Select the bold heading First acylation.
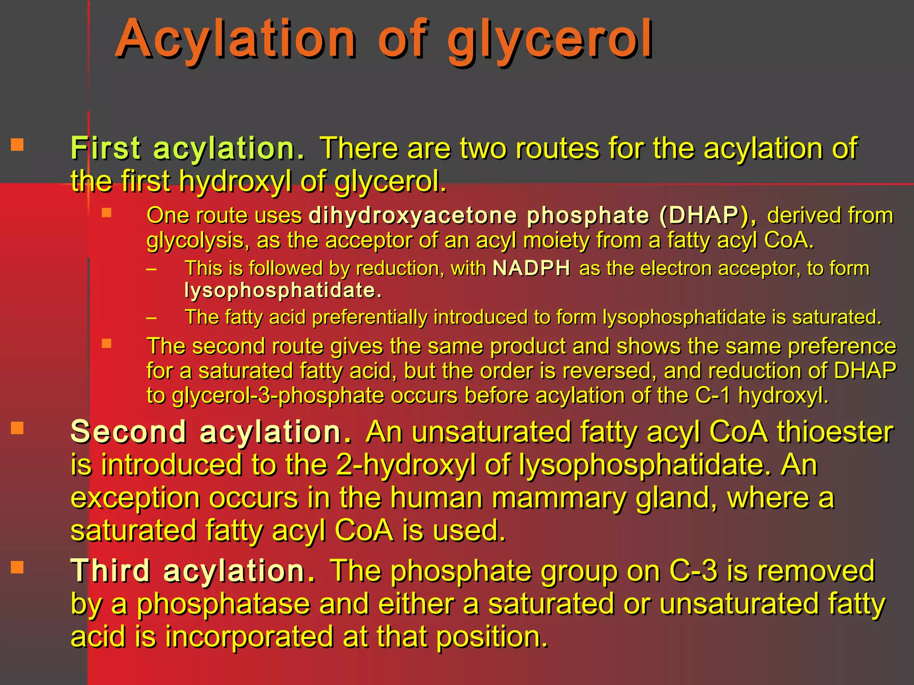coord(187,148)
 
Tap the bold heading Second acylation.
coord(212,432)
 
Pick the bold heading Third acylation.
coord(193,571)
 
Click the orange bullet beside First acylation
coord(17,145)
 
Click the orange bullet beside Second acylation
coord(17,429)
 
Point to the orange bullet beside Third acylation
coord(17,567)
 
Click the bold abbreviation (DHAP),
coord(708,215)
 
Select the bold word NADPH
coord(532,268)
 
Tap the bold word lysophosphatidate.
coord(283,290)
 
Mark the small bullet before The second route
coord(106,343)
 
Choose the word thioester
coord(835,432)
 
